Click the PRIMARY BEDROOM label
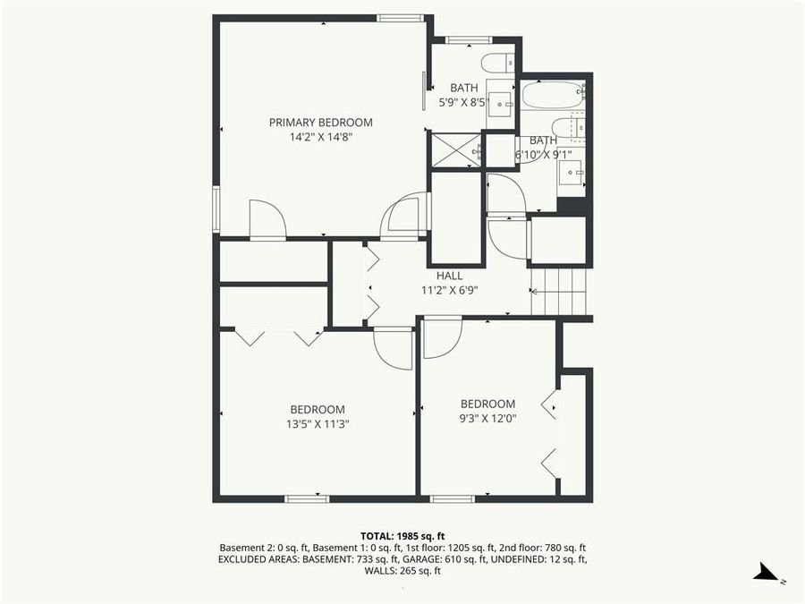pyautogui.click(x=320, y=123)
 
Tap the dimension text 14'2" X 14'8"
pyautogui.click(x=320, y=138)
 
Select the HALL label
pyautogui.click(x=450, y=276)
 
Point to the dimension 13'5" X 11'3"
pyautogui.click(x=311, y=425)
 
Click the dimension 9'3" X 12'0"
pyautogui.click(x=487, y=418)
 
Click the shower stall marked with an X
pyautogui.click(x=455, y=150)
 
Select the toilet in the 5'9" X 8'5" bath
pyautogui.click(x=497, y=63)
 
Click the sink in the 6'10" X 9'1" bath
pyautogui.click(x=572, y=172)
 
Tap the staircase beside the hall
pyautogui.click(x=558, y=291)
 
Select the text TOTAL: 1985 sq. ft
pyautogui.click(x=402, y=534)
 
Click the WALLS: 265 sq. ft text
pyautogui.click(x=402, y=571)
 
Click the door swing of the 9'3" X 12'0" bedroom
pyautogui.click(x=441, y=337)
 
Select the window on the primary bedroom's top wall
pyautogui.click(x=400, y=18)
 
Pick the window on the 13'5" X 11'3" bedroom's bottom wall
pyautogui.click(x=307, y=498)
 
